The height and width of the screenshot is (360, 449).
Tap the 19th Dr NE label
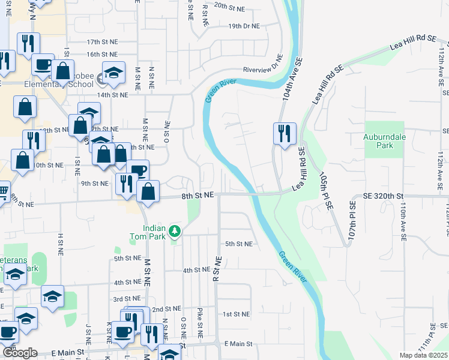click(243, 26)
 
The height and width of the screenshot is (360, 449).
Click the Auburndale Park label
click(378, 141)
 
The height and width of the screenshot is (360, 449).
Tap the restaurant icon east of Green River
click(284, 133)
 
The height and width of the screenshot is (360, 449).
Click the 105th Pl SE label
click(327, 192)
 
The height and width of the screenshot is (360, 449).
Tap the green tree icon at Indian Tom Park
click(174, 230)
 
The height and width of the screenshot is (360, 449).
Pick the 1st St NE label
click(235, 314)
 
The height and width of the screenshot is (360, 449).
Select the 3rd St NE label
click(127, 299)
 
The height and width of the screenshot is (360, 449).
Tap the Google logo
click(20, 353)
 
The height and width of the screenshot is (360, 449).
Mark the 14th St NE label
click(112, 95)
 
